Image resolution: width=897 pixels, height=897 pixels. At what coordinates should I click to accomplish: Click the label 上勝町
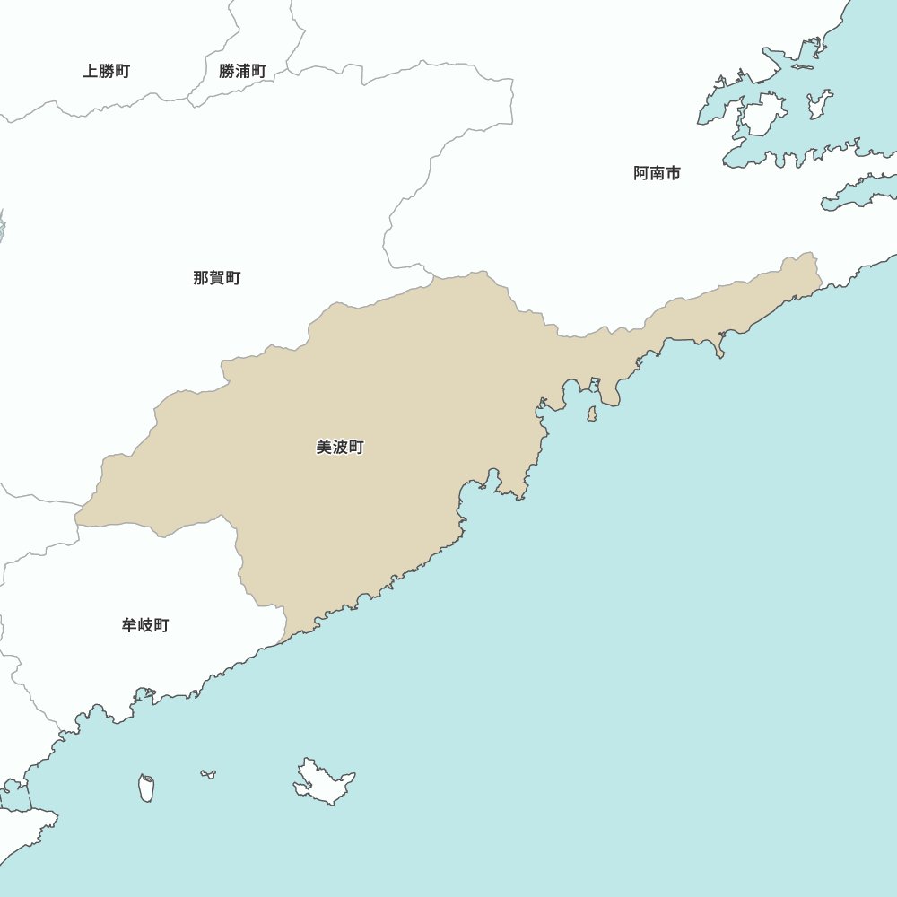click(107, 72)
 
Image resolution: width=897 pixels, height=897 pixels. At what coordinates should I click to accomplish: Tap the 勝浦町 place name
click(242, 72)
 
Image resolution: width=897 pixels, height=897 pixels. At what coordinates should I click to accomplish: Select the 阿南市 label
click(657, 174)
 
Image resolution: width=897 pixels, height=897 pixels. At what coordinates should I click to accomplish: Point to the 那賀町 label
click(216, 278)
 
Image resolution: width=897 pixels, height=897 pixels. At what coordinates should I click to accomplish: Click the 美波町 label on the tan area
click(340, 448)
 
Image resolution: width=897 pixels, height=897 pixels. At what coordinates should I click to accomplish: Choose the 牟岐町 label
click(145, 626)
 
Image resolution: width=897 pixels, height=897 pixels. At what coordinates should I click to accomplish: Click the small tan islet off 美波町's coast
click(592, 414)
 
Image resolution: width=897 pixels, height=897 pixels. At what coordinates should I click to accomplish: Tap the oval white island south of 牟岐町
click(146, 788)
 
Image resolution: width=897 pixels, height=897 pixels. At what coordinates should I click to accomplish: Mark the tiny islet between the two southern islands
click(208, 773)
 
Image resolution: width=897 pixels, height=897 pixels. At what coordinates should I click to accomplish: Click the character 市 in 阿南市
click(673, 174)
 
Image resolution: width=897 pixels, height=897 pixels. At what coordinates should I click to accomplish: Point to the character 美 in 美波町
click(324, 448)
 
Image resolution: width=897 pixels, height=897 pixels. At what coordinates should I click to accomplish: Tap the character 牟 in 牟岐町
click(129, 626)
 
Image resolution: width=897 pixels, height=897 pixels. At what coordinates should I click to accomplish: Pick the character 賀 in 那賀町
click(216, 278)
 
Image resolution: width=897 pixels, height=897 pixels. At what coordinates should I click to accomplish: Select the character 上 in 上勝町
click(91, 72)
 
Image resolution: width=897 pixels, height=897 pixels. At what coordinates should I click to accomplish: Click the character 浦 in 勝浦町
click(242, 72)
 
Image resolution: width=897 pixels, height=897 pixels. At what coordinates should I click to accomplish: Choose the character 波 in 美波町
click(340, 448)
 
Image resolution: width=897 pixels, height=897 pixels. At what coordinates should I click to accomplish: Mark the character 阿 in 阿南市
click(640, 174)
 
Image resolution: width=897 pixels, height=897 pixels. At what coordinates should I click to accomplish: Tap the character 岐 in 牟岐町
click(145, 626)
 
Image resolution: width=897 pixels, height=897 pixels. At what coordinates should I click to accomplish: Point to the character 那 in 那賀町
click(200, 278)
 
